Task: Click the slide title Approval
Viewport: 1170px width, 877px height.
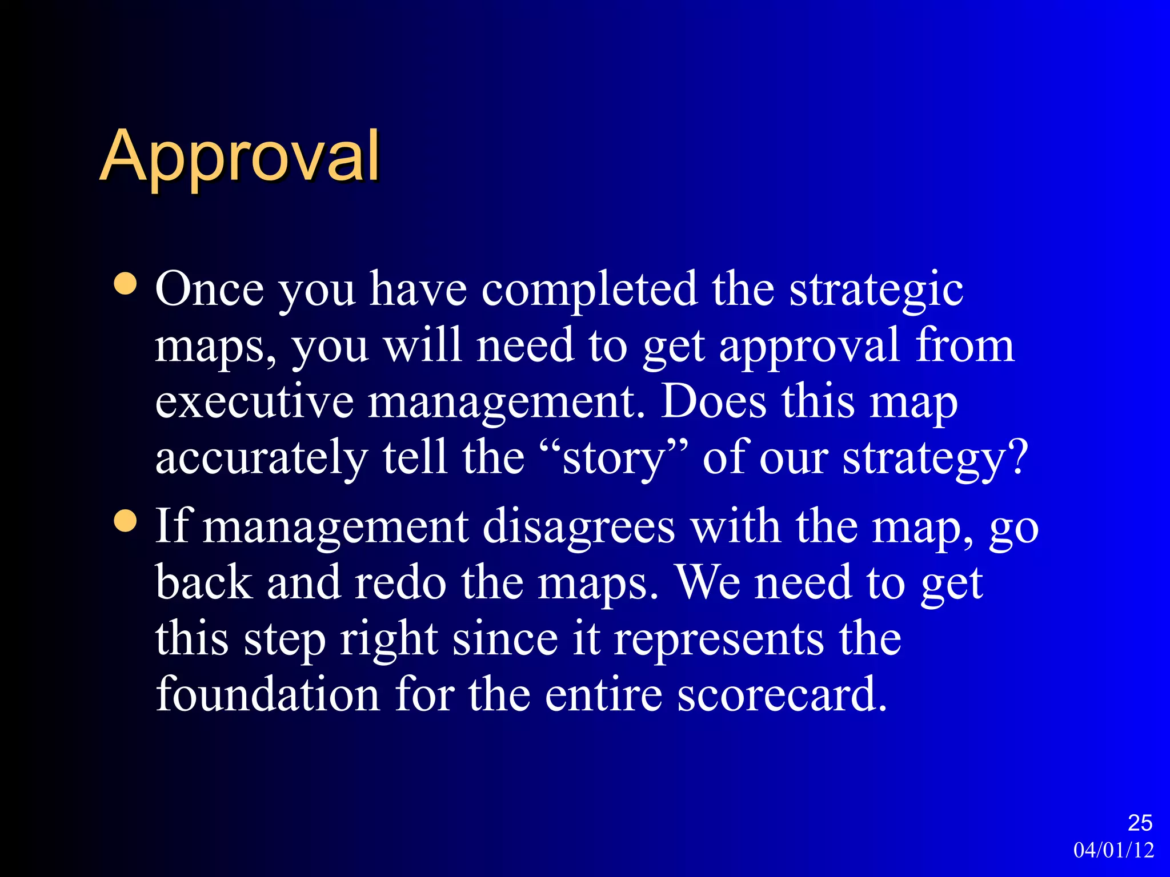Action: (240, 157)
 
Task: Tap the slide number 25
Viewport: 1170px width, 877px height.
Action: (1140, 823)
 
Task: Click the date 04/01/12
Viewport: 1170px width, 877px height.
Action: (1113, 850)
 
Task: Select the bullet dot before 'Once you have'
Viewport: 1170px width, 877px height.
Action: (125, 284)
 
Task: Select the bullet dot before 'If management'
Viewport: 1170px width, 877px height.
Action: (125, 520)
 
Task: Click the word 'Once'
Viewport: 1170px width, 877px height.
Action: (209, 289)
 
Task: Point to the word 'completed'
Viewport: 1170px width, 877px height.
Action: (589, 289)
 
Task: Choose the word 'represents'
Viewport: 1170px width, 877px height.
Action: (718, 639)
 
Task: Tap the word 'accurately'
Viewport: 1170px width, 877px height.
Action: (262, 459)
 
